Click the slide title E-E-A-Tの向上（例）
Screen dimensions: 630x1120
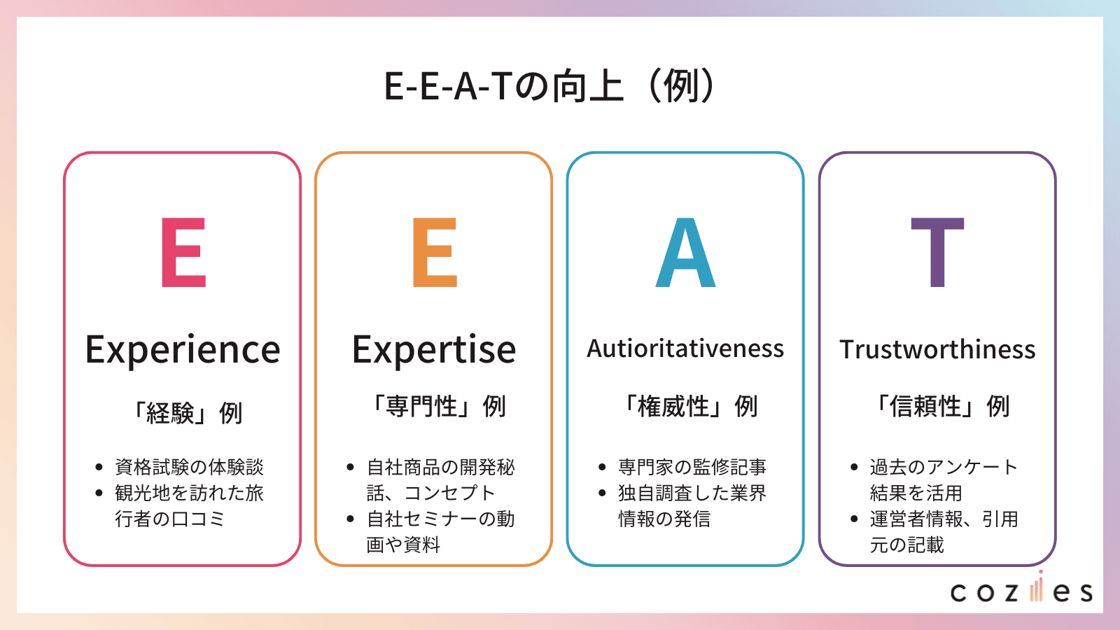coord(550,86)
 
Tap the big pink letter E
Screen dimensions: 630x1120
coord(183,253)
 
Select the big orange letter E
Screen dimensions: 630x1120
coord(435,253)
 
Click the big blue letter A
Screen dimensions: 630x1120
coord(685,253)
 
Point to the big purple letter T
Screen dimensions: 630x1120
coord(937,253)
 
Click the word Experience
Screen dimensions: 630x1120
coord(183,350)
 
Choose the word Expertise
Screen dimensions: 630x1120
coord(434,349)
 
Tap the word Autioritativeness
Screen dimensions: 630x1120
coord(685,349)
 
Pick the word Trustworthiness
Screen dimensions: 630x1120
coord(937,349)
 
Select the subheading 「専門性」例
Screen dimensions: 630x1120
coord(437,406)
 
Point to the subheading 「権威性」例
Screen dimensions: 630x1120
coord(689,406)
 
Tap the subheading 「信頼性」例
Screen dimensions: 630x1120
coord(941,406)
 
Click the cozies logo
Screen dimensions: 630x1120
coord(1021,590)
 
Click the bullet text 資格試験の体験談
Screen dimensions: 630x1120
coord(189,467)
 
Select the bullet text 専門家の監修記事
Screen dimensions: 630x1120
coord(692,467)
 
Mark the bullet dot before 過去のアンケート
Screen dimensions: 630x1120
coord(854,468)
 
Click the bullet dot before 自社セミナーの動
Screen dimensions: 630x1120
coord(351,519)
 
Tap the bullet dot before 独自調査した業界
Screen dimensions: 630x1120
coord(602,493)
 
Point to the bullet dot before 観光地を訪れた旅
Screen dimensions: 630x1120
coord(99,493)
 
